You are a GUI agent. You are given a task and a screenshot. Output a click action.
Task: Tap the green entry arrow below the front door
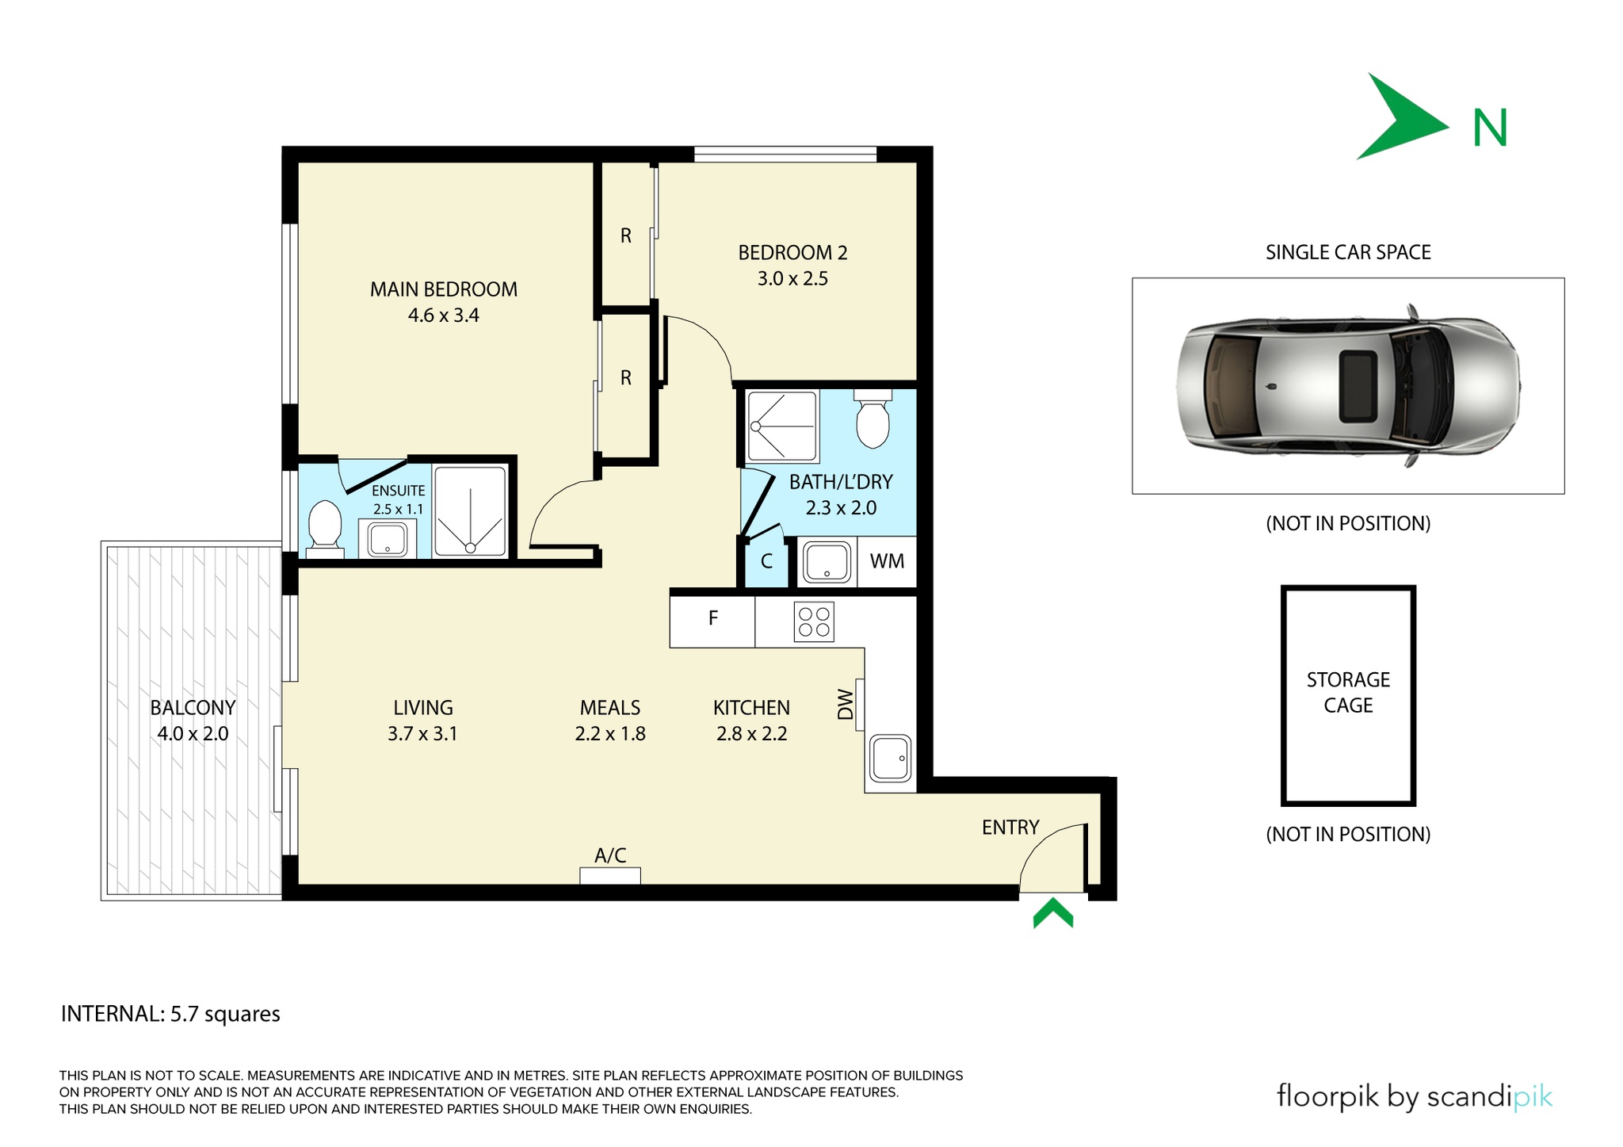[1053, 912]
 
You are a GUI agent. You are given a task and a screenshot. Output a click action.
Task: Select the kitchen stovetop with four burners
[814, 621]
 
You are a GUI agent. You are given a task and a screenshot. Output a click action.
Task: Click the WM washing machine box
[887, 562]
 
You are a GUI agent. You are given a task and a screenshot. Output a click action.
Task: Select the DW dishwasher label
[846, 705]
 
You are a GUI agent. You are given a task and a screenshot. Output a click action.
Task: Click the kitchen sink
[891, 759]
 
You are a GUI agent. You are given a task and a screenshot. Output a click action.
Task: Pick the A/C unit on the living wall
[610, 876]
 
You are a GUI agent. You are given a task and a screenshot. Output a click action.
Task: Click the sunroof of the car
[1358, 385]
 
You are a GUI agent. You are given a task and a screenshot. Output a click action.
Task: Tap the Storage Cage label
[1348, 692]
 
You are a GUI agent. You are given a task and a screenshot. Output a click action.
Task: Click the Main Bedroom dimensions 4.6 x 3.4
[444, 315]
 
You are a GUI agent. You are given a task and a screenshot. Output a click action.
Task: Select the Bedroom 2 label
[792, 253]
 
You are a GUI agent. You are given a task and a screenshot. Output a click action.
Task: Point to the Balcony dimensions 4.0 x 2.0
[193, 734]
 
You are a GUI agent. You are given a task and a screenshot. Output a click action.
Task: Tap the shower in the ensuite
[470, 512]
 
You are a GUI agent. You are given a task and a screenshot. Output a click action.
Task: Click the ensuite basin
[388, 538]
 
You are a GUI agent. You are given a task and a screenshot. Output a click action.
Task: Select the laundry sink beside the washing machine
[827, 562]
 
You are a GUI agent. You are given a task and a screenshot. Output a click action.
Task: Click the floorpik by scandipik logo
[1414, 1097]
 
